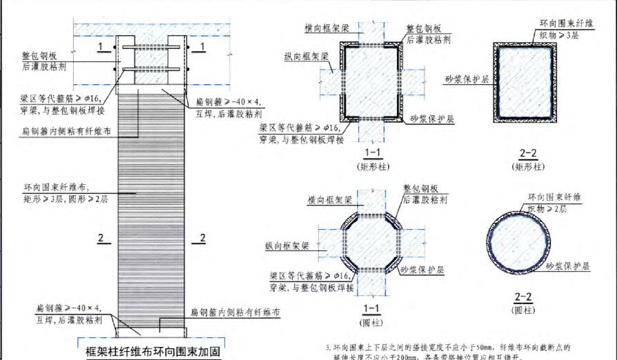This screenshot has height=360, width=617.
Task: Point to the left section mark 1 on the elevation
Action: coord(101,46)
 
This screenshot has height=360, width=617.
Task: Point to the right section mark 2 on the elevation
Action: coord(202,239)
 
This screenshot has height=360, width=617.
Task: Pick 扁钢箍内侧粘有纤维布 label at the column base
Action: coord(235,312)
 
